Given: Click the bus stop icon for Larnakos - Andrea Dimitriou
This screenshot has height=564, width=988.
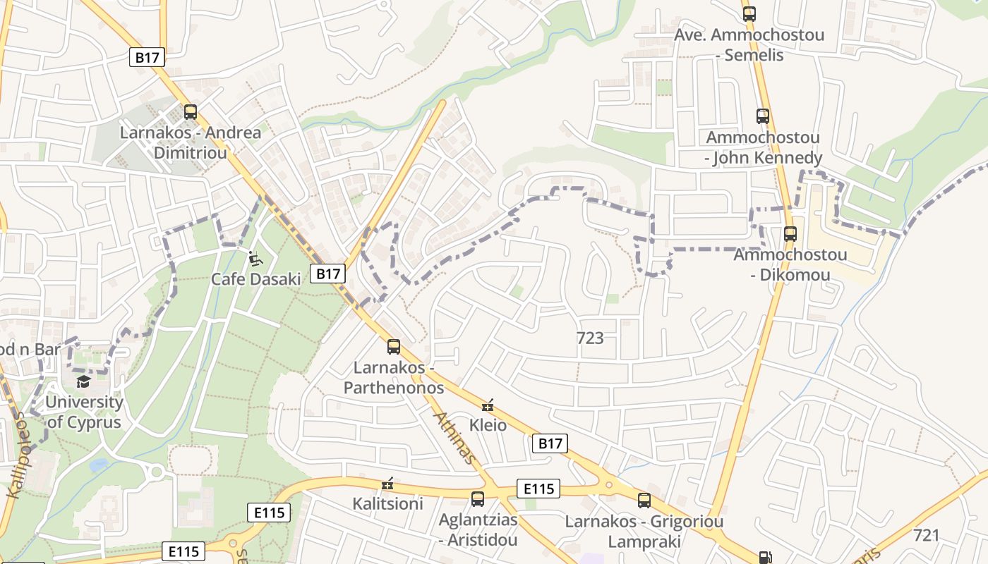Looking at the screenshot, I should click(190, 111).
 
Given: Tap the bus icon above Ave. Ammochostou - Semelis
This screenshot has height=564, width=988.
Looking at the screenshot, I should click(749, 13).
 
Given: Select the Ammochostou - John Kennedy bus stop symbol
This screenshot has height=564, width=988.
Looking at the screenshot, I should click(762, 116).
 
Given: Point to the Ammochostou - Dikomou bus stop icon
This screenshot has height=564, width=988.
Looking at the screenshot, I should click(790, 233).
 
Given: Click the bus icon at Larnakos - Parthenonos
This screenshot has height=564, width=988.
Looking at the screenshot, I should click(394, 346).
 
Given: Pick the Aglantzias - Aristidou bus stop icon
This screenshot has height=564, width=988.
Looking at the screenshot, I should click(478, 499).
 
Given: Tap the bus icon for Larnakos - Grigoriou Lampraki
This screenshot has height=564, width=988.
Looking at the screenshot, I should click(644, 501).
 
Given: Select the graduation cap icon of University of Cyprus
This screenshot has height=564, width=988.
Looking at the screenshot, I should click(84, 381).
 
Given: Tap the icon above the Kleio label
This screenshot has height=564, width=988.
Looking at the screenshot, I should click(487, 405).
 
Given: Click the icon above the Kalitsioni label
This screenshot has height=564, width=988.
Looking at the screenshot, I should click(387, 484).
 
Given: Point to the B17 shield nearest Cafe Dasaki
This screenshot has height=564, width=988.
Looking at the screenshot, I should click(327, 274).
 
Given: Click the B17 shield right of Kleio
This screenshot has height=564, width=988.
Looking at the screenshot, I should click(550, 443).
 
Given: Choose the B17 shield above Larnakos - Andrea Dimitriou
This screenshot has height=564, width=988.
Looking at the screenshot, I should click(147, 57).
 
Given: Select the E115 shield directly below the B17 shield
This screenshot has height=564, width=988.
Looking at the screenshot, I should click(538, 489).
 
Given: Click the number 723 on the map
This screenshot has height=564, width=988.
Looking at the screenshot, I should click(590, 338).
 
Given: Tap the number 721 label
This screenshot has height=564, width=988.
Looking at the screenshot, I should click(926, 535).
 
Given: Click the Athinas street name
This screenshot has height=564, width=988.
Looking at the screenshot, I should click(453, 438).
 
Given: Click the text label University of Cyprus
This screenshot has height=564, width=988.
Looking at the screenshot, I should click(84, 412).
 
